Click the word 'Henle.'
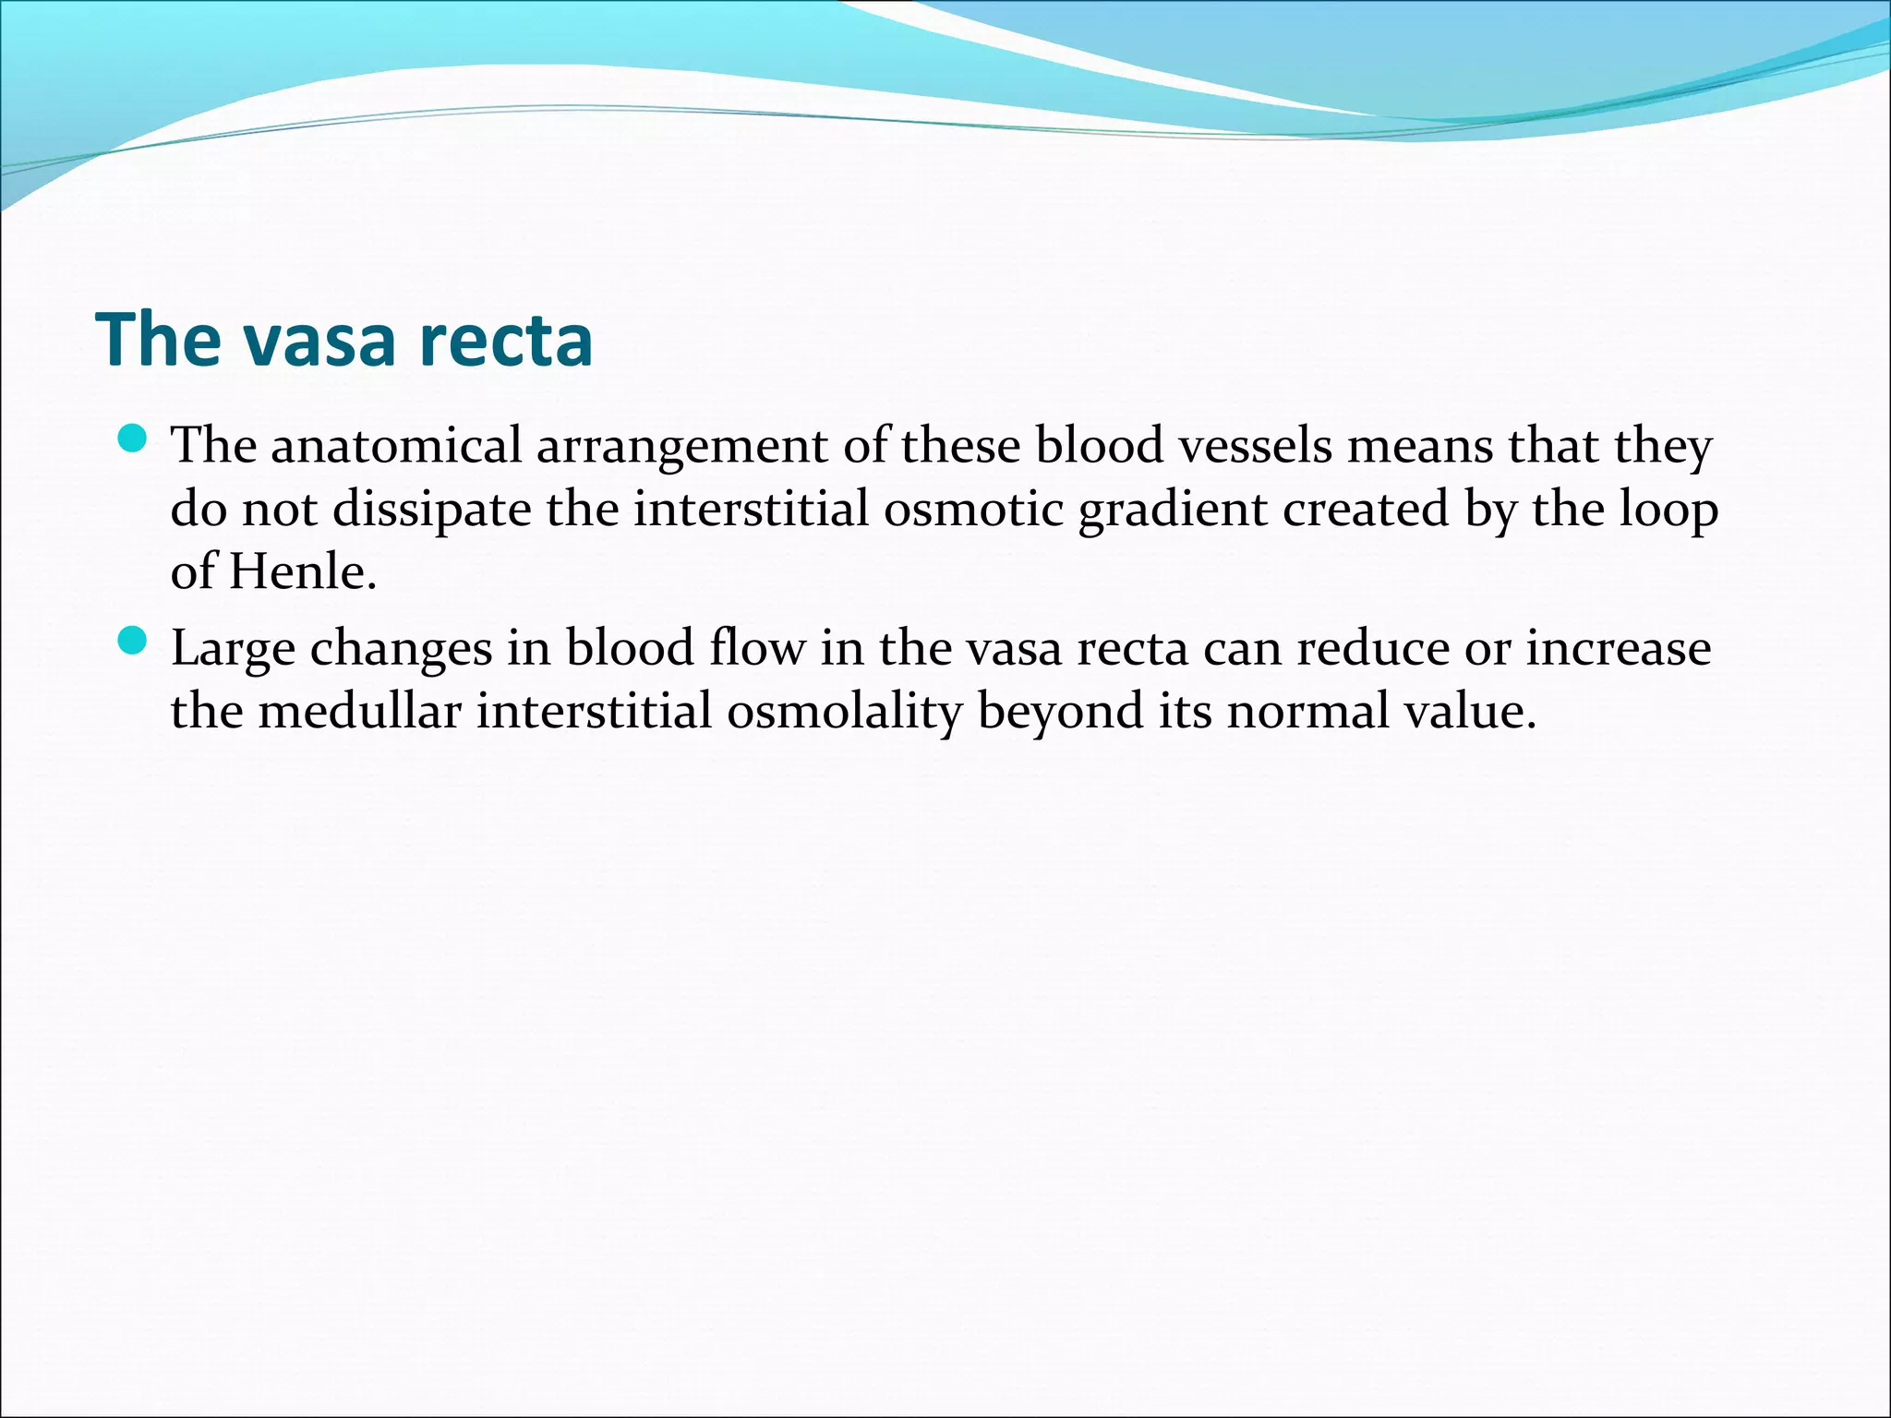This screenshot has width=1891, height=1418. coord(304,572)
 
